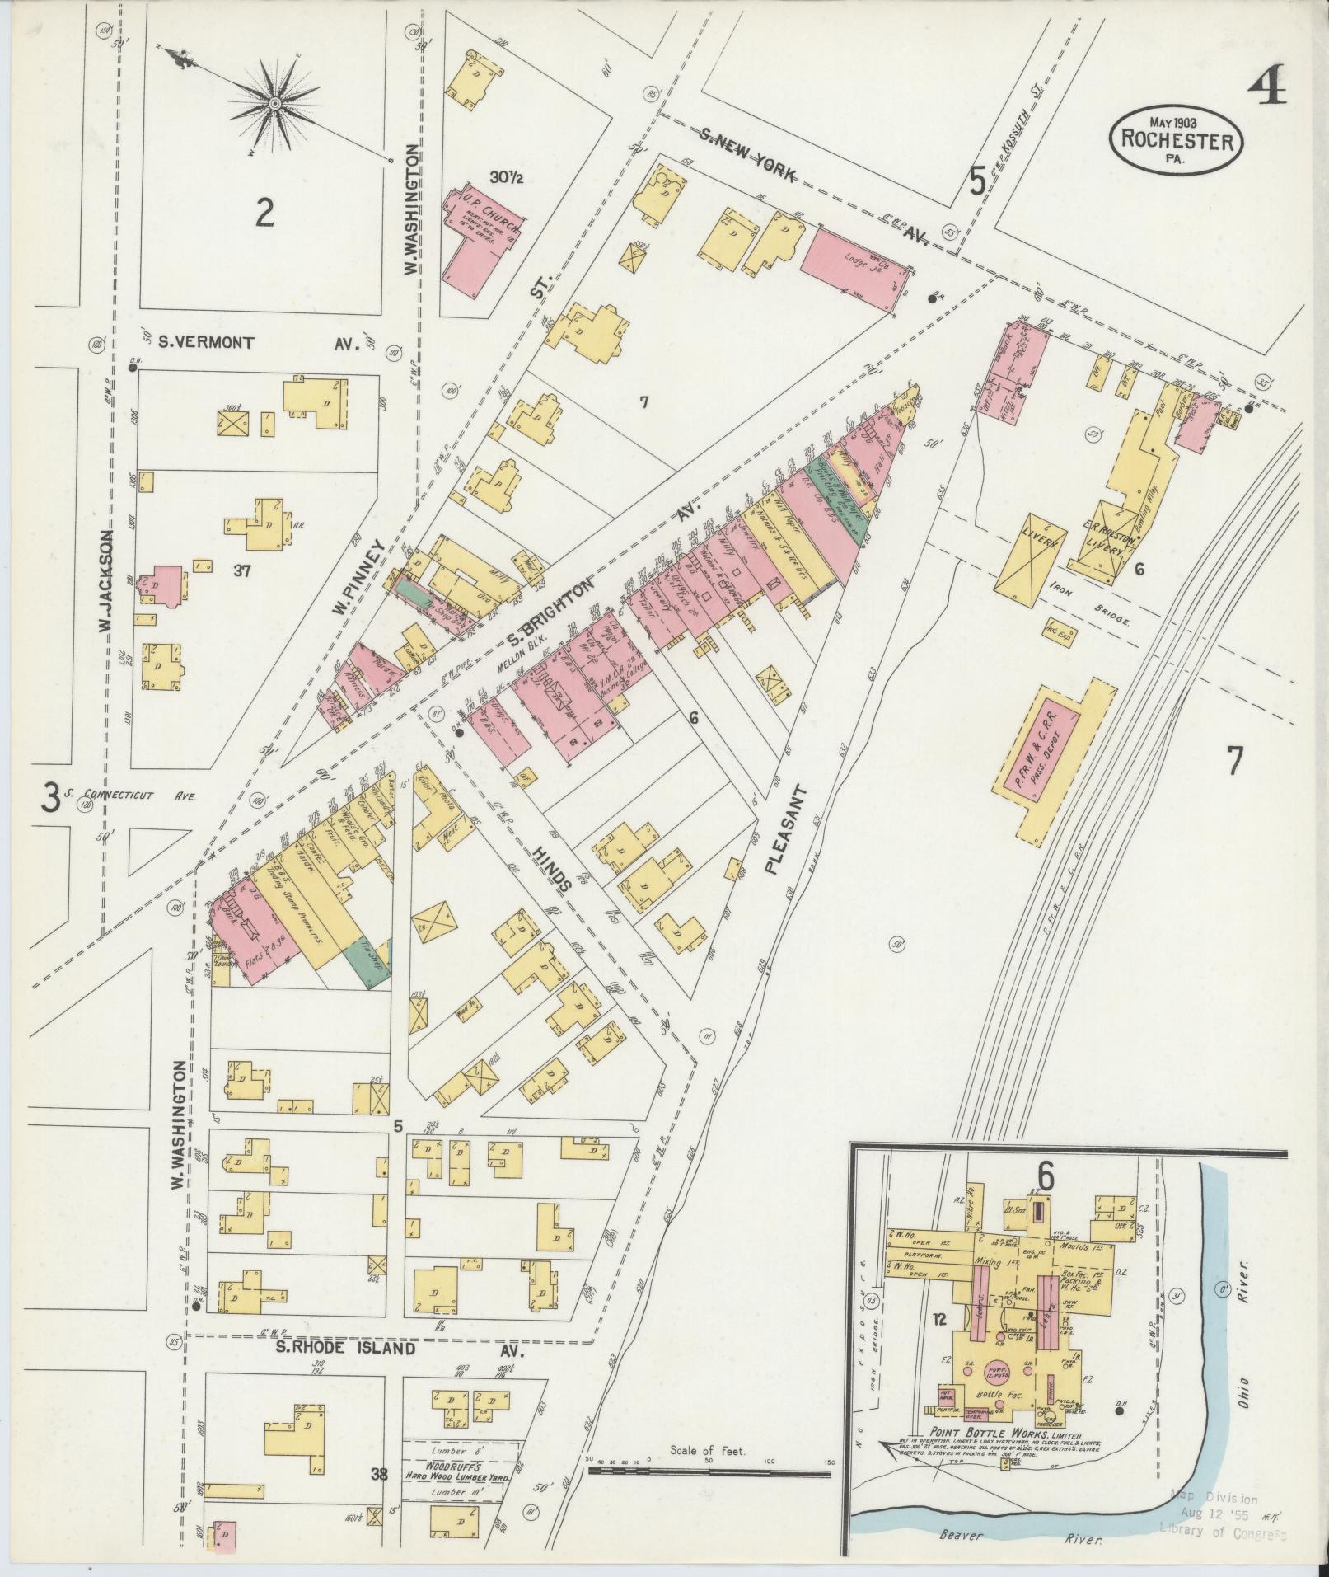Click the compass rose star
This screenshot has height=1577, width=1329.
point(274,104)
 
